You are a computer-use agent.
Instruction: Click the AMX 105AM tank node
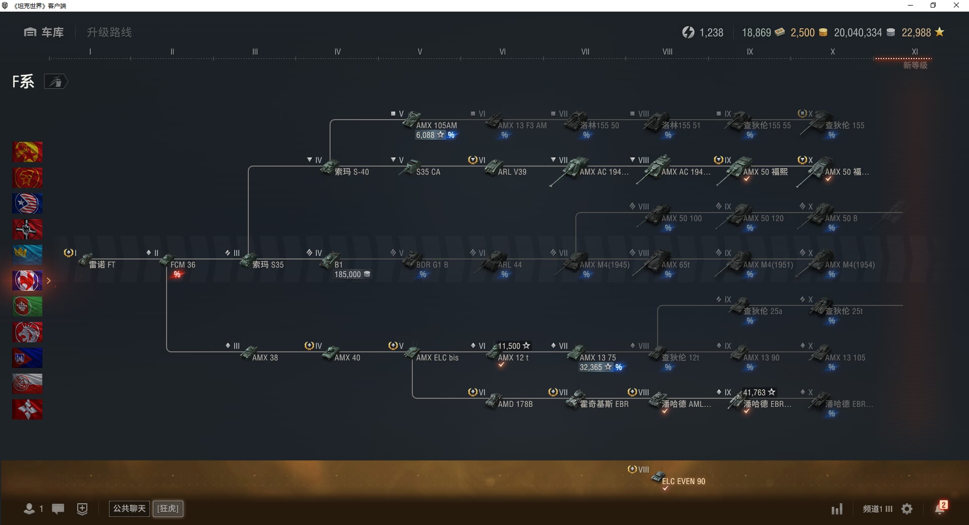pos(434,125)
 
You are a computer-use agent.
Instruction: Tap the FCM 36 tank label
pos(182,265)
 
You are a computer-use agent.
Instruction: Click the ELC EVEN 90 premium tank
pos(682,481)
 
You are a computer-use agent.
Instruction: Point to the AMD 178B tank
pos(514,404)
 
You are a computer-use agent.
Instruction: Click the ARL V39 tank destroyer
pos(511,172)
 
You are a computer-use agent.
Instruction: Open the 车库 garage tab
pos(44,32)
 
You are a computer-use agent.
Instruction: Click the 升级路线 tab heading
pos(109,32)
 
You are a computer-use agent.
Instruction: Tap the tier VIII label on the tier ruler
pos(667,51)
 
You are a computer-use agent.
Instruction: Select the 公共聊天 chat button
pos(129,508)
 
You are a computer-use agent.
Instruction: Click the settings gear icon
pos(907,509)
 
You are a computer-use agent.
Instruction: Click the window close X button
pos(956,6)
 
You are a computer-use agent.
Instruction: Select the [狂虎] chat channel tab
pos(168,508)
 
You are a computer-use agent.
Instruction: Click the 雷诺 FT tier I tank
pos(101,265)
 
